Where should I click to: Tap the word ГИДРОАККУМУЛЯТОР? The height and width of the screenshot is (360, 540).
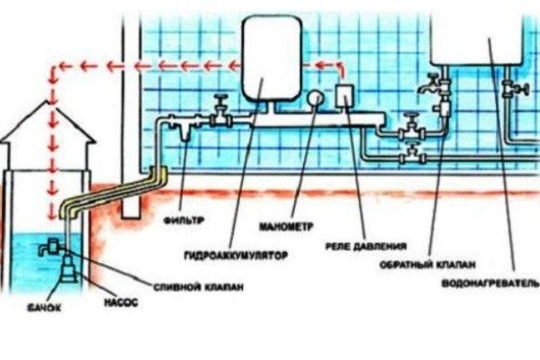(x=235, y=257)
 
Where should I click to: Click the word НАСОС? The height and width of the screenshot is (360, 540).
(x=123, y=302)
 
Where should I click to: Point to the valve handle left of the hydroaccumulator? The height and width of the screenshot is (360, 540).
(x=218, y=103)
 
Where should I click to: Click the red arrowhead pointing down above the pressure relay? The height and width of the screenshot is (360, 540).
(x=340, y=76)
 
